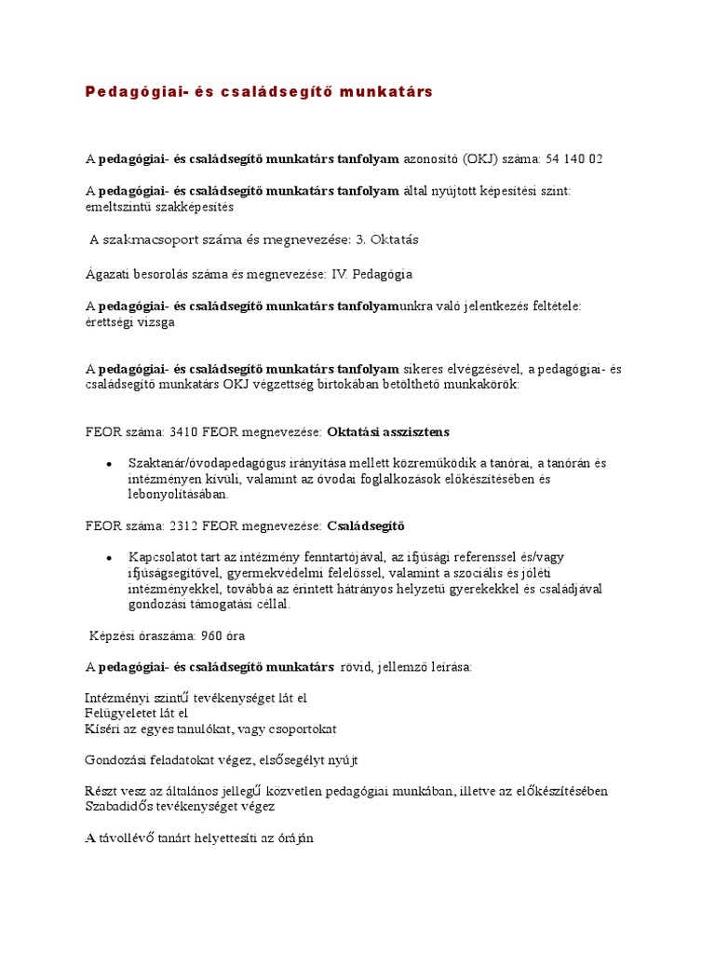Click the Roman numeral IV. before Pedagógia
[x=341, y=275]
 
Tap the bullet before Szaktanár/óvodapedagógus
[x=110, y=463]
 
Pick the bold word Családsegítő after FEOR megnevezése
[x=366, y=525]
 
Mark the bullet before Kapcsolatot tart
[x=110, y=557]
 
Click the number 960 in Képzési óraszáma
[x=200, y=635]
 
